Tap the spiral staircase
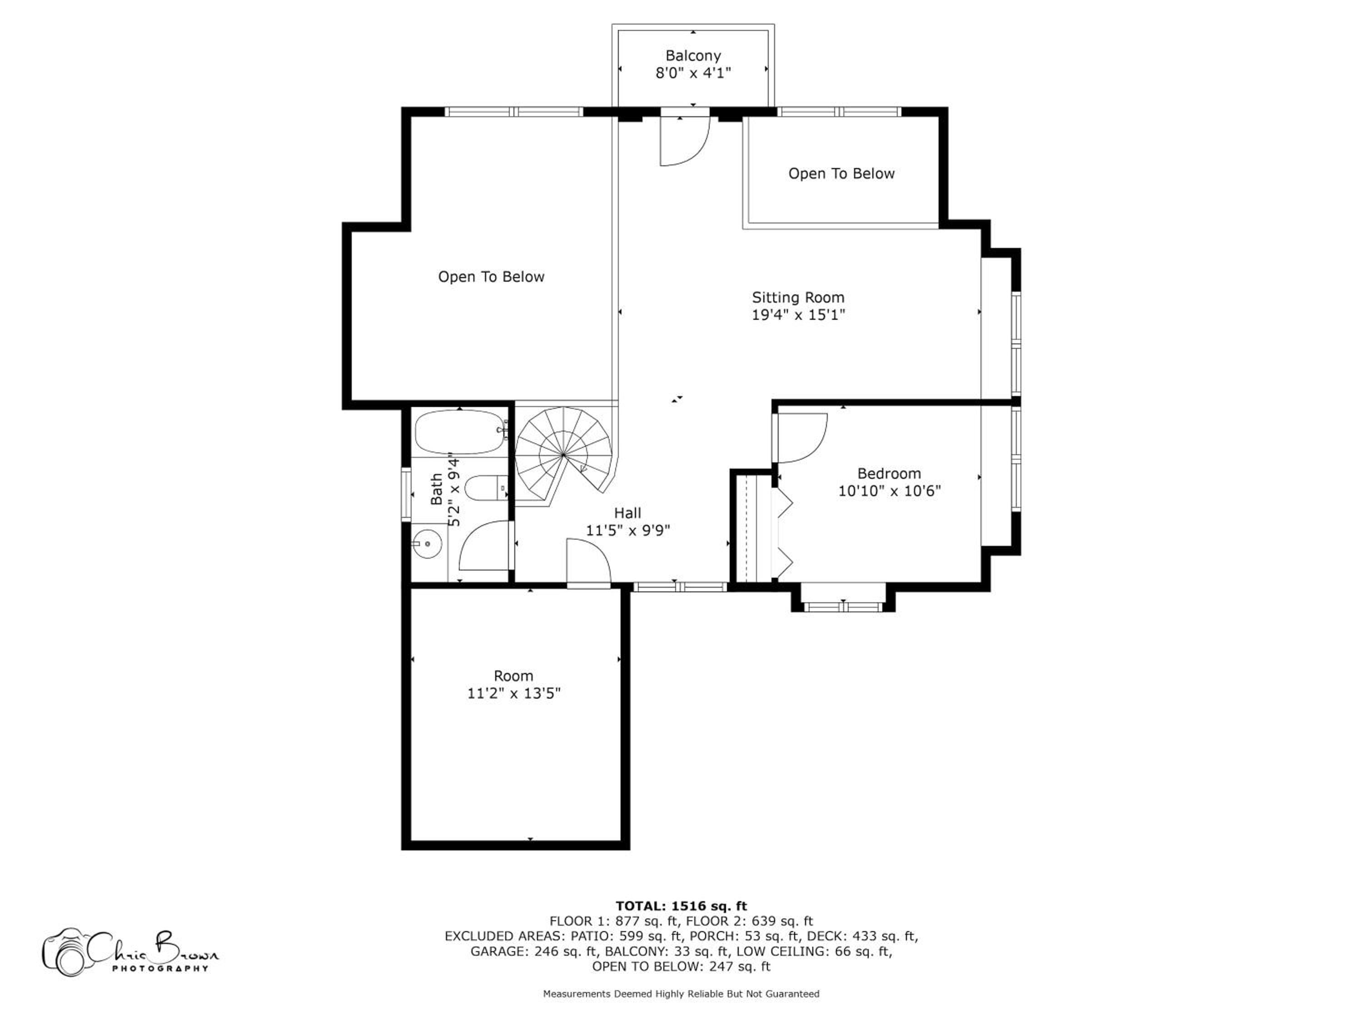click(x=564, y=455)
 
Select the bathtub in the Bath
click(x=460, y=433)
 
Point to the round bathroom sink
click(x=427, y=544)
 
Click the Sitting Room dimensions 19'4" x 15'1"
click(x=798, y=315)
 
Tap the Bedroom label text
click(x=889, y=474)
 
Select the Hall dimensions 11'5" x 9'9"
click(x=628, y=531)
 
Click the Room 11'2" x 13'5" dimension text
click(x=514, y=694)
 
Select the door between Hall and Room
click(x=588, y=562)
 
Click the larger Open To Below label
click(x=491, y=277)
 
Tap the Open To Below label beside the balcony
click(x=841, y=174)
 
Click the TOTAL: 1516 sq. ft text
click(x=681, y=906)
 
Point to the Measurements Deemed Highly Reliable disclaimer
click(x=681, y=994)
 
